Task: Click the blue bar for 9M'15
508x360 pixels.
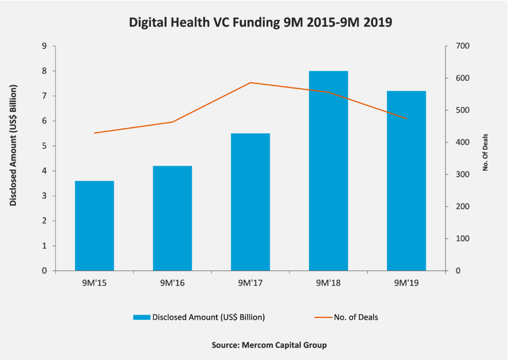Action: pyautogui.click(x=94, y=226)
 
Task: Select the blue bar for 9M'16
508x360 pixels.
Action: pyautogui.click(x=172, y=218)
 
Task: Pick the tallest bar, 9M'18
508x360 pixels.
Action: pyautogui.click(x=328, y=171)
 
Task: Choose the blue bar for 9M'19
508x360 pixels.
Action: pyautogui.click(x=406, y=181)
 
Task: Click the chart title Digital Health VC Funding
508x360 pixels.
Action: pyautogui.click(x=254, y=23)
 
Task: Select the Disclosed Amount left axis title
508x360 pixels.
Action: pyautogui.click(x=13, y=145)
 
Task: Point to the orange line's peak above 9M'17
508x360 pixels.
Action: pyautogui.click(x=251, y=82)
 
